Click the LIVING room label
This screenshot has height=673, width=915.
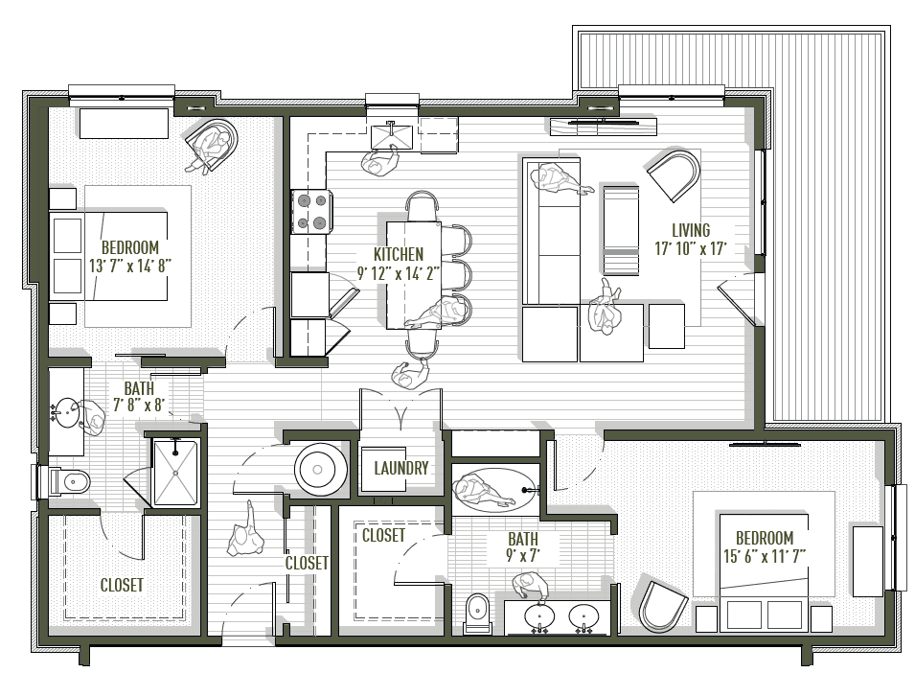tap(690, 230)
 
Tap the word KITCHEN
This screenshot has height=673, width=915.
tap(398, 254)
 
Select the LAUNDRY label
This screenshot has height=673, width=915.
tap(400, 469)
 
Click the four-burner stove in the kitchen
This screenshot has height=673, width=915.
tap(312, 211)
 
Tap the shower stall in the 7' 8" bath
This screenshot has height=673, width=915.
tap(174, 471)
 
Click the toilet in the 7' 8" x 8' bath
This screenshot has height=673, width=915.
tap(66, 480)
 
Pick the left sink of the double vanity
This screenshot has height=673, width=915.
tap(540, 615)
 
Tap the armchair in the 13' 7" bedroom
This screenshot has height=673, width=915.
tap(213, 145)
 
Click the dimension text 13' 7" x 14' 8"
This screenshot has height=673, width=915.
tap(128, 266)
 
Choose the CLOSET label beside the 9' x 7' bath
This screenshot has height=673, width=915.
tap(383, 536)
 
